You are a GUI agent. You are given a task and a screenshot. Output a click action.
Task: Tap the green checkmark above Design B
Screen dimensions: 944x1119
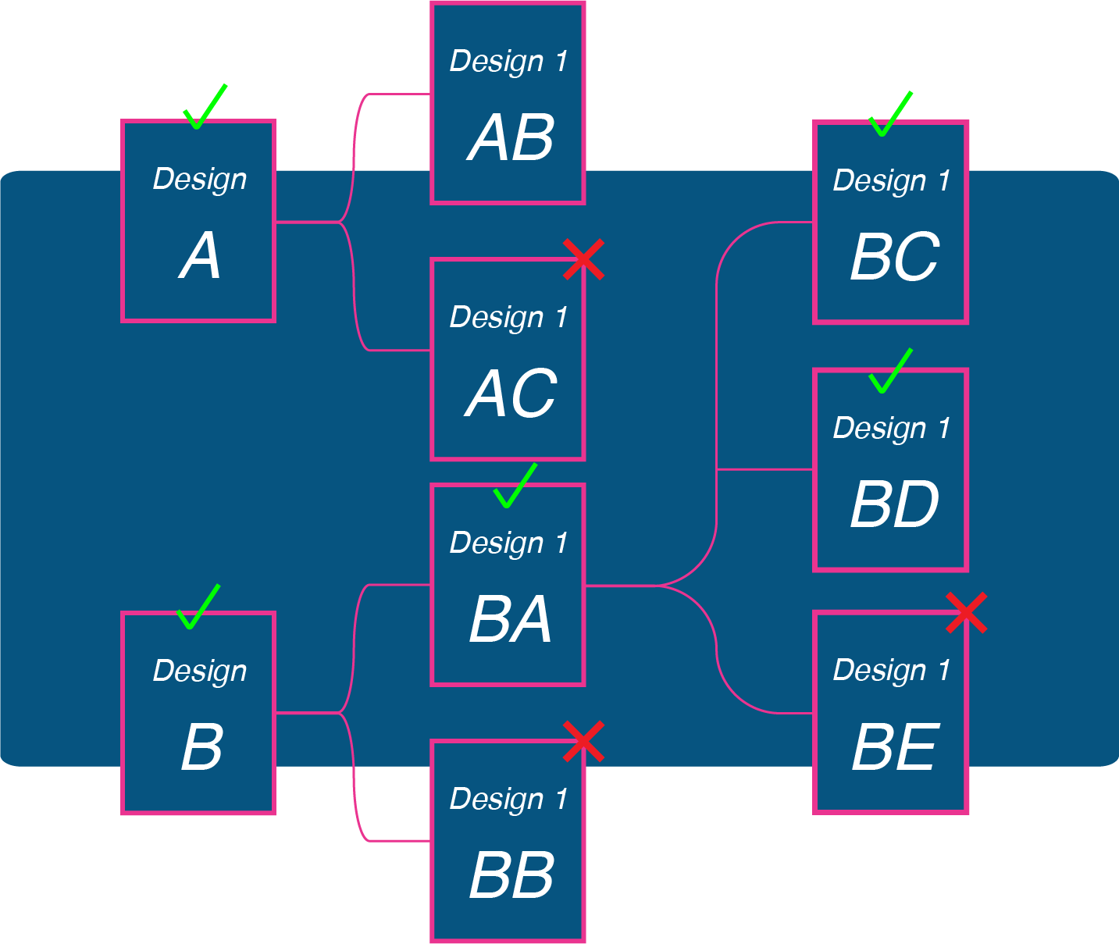click(197, 608)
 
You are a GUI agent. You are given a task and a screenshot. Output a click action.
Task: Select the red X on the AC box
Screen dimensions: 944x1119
click(583, 259)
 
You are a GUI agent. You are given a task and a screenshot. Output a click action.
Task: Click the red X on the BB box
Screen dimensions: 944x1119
click(583, 741)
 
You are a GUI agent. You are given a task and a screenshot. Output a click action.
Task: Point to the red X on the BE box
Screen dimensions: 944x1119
click(967, 612)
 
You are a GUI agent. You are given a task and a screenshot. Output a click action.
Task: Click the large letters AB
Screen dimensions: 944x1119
click(511, 139)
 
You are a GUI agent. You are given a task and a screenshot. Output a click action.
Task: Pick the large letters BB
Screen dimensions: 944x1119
click(511, 875)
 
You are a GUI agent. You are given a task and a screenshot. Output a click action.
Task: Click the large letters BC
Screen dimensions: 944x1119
click(894, 258)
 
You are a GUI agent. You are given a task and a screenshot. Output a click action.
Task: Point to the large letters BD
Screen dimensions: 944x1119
click(894, 504)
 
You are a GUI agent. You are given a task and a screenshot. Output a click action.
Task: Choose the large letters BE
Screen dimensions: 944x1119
click(894, 748)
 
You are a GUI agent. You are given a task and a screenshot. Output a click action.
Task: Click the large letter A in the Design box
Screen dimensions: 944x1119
click(200, 257)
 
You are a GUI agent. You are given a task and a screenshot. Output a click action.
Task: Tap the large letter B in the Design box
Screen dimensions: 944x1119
click(201, 748)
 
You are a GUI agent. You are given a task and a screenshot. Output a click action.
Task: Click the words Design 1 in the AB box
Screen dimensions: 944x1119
click(508, 62)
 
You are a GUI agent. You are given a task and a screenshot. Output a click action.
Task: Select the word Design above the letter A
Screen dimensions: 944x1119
click(200, 180)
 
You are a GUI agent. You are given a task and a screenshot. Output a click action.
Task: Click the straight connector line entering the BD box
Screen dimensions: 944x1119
click(765, 469)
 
